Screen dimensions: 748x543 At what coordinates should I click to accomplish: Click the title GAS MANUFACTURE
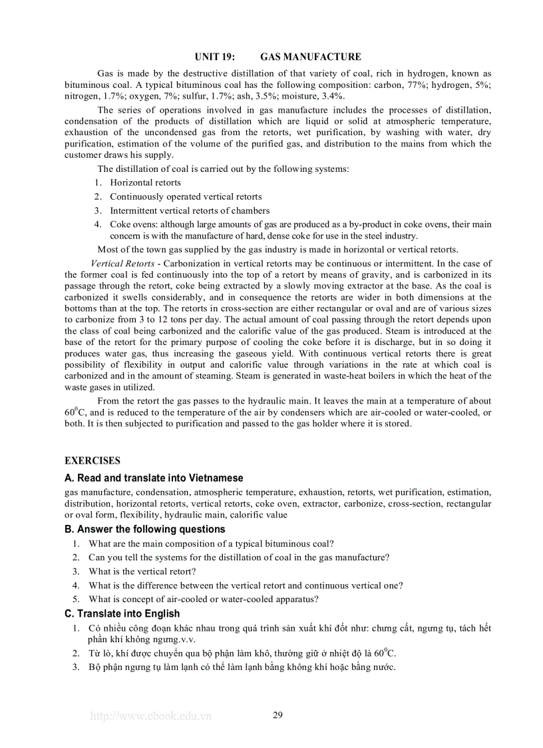(311, 57)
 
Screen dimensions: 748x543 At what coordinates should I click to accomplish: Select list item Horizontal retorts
(145, 183)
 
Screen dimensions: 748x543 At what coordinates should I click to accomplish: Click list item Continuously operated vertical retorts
(186, 196)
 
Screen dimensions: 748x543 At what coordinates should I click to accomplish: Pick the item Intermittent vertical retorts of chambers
(190, 210)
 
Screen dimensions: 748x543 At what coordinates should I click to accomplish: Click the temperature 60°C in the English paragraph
(73, 412)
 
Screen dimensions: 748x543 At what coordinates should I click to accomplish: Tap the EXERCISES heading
(92, 460)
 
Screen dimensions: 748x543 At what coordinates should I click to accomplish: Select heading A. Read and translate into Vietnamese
(154, 478)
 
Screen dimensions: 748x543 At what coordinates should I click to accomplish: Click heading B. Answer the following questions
(145, 529)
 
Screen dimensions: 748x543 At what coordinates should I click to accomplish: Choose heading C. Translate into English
(122, 613)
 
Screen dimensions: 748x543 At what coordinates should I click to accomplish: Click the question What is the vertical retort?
(142, 571)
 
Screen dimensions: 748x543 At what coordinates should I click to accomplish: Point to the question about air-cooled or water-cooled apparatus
(204, 599)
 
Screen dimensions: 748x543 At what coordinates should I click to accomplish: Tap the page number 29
(278, 715)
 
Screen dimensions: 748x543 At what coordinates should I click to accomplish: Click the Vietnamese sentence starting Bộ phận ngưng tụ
(242, 667)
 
